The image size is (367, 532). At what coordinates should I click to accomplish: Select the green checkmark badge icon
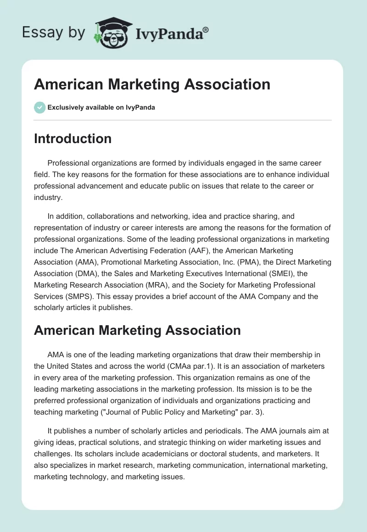coord(39,107)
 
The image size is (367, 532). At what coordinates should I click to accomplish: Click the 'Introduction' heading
coord(72,139)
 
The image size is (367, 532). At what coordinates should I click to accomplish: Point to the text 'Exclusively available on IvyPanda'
coord(101,107)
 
